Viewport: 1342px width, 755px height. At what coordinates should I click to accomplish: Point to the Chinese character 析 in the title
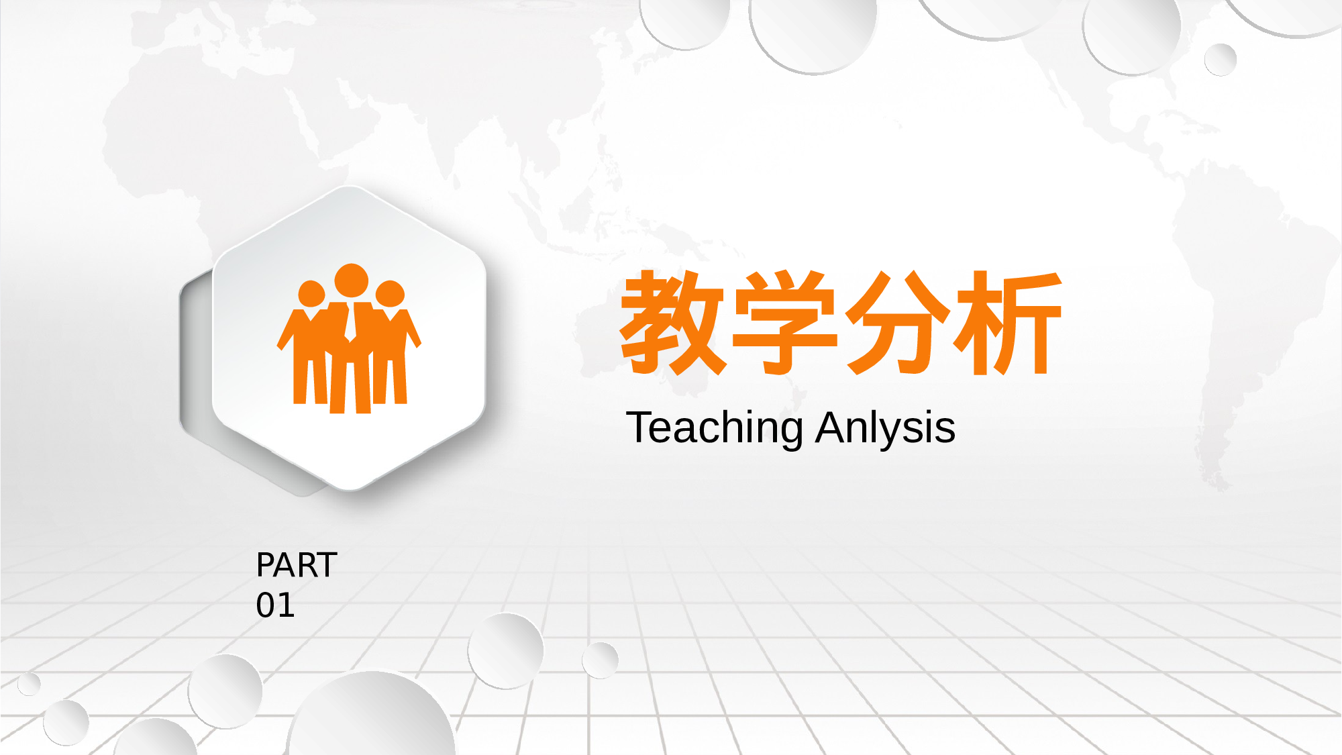click(x=1009, y=323)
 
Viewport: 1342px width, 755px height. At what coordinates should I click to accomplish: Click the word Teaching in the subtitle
click(x=714, y=427)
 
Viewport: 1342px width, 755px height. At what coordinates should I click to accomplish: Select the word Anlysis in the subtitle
click(x=885, y=427)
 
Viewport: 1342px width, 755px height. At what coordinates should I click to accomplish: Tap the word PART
click(x=296, y=565)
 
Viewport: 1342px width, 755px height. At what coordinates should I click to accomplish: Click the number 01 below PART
click(x=275, y=605)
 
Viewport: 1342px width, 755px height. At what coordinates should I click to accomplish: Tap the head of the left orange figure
click(x=311, y=293)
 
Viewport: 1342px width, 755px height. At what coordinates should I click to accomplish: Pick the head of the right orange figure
click(x=390, y=293)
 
